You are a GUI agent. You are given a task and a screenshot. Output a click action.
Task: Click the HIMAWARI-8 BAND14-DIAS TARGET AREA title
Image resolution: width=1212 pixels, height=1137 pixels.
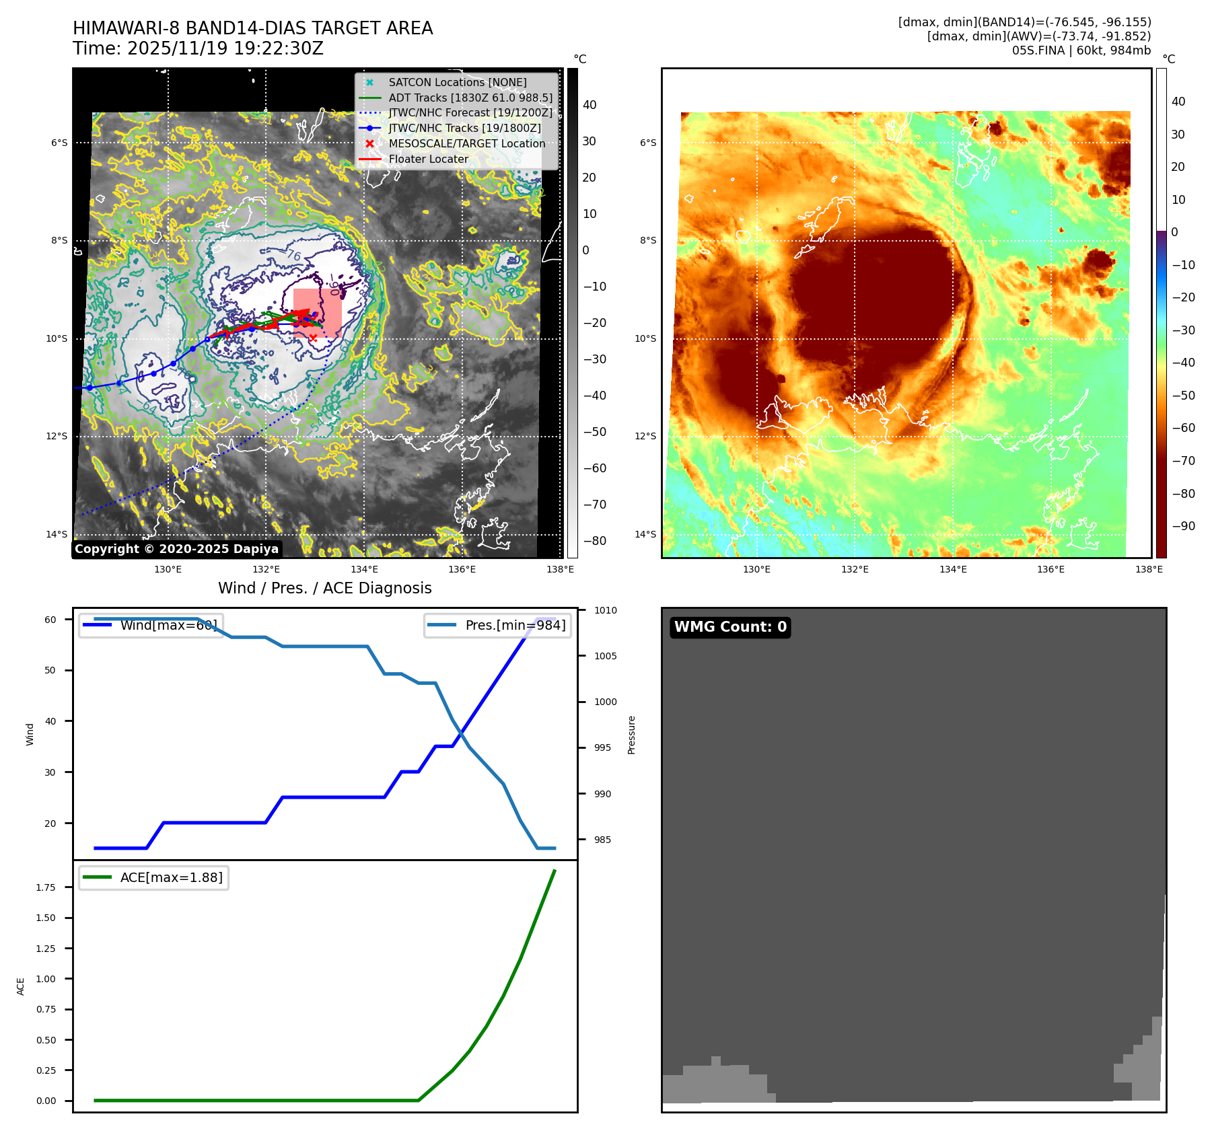click(252, 28)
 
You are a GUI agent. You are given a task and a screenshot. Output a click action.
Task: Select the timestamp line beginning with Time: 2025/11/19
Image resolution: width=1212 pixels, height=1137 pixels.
click(198, 49)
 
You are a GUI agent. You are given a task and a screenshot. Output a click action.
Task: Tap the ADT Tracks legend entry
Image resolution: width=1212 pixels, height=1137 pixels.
click(470, 98)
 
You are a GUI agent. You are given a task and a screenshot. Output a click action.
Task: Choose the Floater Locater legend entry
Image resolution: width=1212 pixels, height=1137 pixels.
click(428, 159)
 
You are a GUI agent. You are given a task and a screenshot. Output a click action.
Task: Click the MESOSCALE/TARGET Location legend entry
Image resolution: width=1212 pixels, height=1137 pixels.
click(466, 144)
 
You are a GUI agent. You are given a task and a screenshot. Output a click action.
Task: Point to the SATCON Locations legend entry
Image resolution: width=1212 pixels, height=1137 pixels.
click(457, 82)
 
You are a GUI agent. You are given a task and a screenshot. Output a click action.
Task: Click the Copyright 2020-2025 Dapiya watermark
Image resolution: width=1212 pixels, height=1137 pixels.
click(176, 549)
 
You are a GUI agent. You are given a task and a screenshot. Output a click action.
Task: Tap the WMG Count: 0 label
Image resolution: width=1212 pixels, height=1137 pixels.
click(730, 627)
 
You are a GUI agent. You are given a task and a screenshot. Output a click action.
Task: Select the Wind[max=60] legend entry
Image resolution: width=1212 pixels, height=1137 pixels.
click(168, 625)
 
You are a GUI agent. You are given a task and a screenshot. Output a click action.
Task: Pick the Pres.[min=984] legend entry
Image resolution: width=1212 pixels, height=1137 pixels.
click(515, 625)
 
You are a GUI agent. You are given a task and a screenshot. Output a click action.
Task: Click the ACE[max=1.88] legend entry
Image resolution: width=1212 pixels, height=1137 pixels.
click(171, 877)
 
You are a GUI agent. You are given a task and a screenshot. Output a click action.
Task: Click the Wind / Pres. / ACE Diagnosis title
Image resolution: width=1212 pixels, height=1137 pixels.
click(324, 588)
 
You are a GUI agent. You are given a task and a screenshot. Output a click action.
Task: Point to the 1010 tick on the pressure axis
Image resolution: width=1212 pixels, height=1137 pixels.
click(605, 610)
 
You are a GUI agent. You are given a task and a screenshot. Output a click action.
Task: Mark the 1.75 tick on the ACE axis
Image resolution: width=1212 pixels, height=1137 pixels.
click(46, 887)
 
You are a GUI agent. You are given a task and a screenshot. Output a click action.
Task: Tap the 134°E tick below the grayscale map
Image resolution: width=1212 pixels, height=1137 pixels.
click(364, 569)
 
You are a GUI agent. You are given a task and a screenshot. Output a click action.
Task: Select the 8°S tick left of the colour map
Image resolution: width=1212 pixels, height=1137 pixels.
click(647, 240)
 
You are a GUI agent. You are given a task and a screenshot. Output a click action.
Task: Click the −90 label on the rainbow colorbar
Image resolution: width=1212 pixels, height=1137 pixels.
click(1183, 526)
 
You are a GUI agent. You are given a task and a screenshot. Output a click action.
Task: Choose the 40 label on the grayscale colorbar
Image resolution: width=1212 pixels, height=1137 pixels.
click(590, 105)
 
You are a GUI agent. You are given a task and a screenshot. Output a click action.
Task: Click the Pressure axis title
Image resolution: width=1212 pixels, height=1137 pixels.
click(631, 735)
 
